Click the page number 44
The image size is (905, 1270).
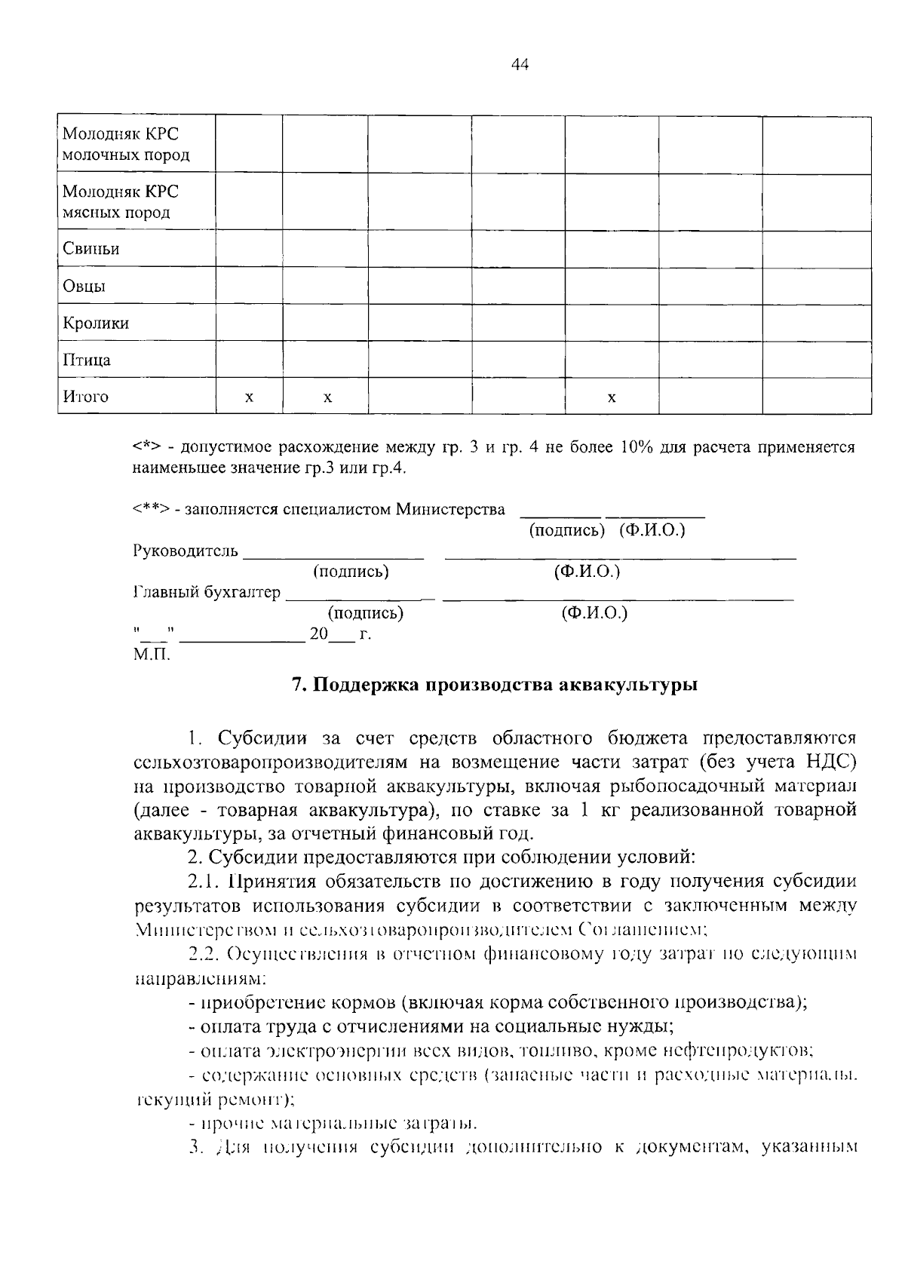coord(520,65)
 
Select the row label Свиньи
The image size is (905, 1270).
coord(90,249)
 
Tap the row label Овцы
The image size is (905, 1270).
coord(84,287)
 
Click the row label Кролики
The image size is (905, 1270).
coord(96,323)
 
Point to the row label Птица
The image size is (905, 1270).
coord(86,360)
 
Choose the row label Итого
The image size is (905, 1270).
coord(85,397)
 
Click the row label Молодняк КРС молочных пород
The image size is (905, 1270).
coord(125,145)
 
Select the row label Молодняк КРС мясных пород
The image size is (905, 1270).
coord(120,202)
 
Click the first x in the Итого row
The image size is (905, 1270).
coord(249,397)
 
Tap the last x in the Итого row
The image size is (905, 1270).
coord(612,397)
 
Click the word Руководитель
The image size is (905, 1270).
coord(186,551)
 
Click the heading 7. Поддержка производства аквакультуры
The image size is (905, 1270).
coord(494,685)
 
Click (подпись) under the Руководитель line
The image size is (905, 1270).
coord(351,572)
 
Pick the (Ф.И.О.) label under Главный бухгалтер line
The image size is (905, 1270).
coord(594,612)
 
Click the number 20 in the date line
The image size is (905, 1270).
coord(318,633)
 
